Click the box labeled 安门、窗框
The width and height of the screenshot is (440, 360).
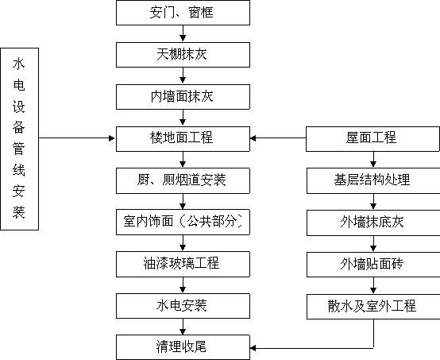click(183, 13)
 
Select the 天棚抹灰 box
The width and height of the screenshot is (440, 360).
click(183, 55)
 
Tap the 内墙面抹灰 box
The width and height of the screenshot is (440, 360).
click(183, 97)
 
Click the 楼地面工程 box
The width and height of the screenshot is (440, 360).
click(183, 139)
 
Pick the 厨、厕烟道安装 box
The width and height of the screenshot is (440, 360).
click(183, 181)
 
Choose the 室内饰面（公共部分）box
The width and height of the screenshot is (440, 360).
click(183, 223)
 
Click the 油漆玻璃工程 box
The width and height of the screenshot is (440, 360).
click(183, 265)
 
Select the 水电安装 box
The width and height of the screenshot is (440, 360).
click(183, 306)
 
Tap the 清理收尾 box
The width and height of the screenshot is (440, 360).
click(183, 347)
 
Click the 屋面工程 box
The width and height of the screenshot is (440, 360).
click(373, 139)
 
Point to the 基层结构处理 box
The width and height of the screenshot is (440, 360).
click(373, 181)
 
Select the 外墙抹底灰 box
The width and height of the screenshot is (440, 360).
click(373, 223)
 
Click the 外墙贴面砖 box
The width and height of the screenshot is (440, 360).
click(373, 265)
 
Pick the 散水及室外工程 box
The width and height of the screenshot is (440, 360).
click(373, 307)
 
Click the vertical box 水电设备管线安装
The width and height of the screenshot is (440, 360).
click(19, 139)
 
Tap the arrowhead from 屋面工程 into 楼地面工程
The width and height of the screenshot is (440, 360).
click(253, 138)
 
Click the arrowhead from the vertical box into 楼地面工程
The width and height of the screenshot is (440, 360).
click(112, 138)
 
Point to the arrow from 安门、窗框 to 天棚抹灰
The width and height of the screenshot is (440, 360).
click(183, 33)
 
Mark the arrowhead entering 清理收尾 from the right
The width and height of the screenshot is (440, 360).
click(253, 348)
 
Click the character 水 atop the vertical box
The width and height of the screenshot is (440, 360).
click(19, 64)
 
